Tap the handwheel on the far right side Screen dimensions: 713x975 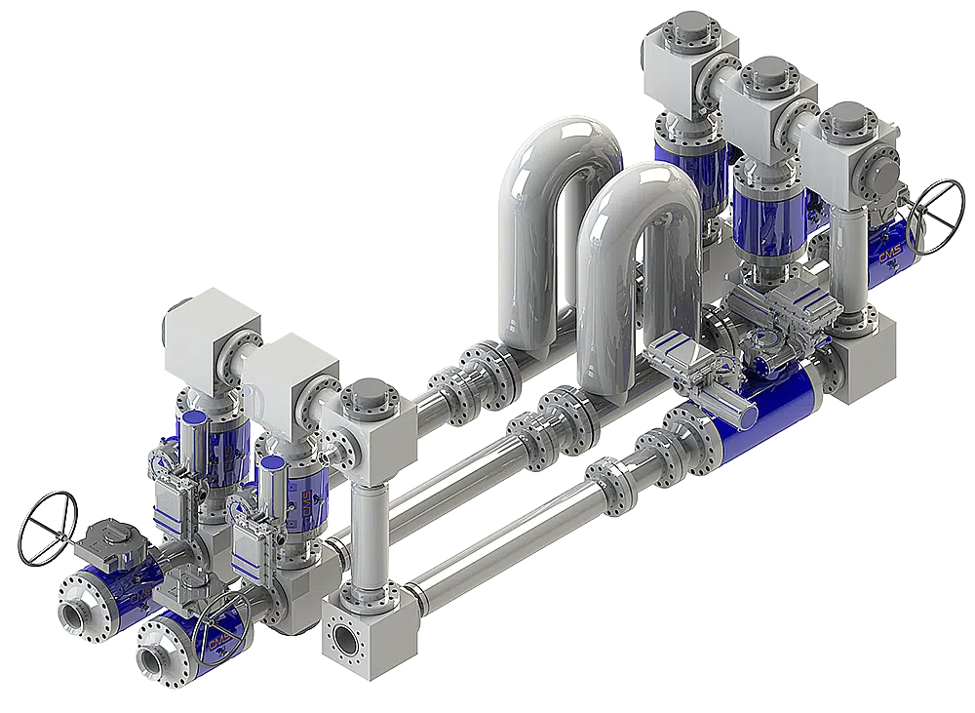click(931, 217)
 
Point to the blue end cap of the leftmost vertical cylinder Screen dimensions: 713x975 click(193, 417)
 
